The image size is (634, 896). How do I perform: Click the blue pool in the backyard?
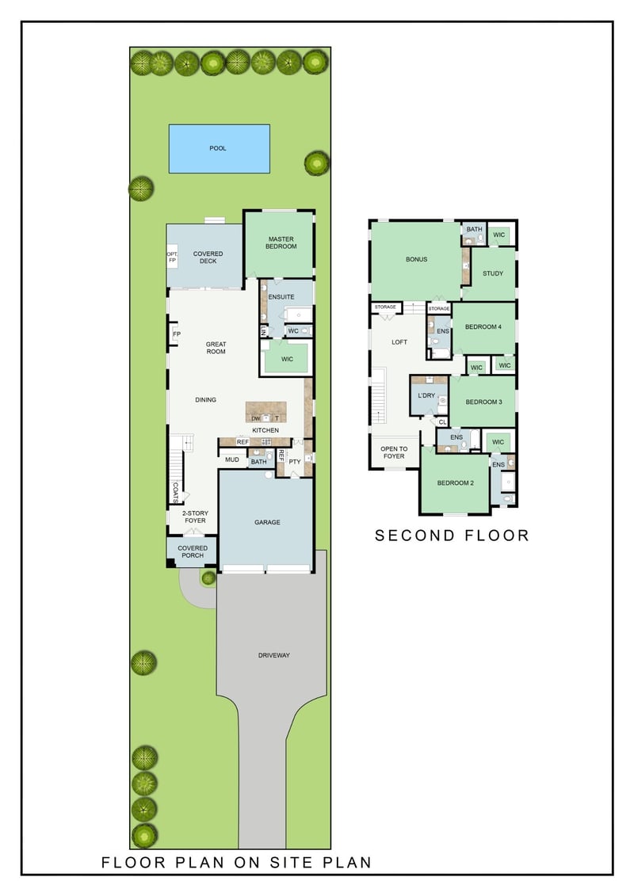click(219, 148)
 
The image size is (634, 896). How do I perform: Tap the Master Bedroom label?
click(281, 242)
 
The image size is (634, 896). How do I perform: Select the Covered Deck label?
click(208, 258)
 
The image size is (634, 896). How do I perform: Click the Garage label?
click(267, 522)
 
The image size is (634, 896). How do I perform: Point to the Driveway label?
click(273, 655)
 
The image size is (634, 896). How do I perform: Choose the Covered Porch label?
click(193, 551)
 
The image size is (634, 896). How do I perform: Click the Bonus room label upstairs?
click(416, 259)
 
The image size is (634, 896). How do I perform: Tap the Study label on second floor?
click(493, 274)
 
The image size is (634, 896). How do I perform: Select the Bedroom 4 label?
click(483, 327)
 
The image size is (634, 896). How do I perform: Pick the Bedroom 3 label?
click(483, 402)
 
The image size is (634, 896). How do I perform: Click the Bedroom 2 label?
click(455, 482)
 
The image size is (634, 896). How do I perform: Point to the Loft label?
click(400, 342)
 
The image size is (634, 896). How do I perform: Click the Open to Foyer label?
click(393, 452)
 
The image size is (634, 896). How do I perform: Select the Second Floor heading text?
click(452, 536)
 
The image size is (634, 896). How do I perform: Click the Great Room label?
click(216, 348)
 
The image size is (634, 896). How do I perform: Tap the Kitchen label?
click(265, 430)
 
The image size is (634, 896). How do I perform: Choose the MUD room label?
click(232, 459)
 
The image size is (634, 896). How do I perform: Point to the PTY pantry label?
click(294, 461)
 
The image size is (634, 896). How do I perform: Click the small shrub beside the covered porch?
click(208, 578)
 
